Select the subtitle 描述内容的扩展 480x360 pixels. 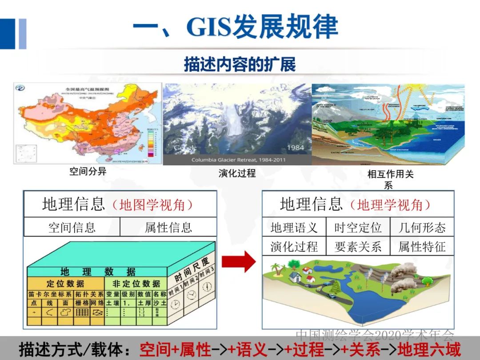tap(240, 65)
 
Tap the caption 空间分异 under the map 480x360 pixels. tap(88, 171)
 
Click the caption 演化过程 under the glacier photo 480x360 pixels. tap(237, 173)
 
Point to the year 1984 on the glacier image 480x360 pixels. tap(295, 148)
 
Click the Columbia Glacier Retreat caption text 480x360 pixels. tap(238, 160)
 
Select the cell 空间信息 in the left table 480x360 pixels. tap(72, 228)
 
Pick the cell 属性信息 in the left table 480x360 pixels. tap(168, 228)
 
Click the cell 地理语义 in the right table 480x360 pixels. tap(294, 228)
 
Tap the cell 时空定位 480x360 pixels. tap(358, 228)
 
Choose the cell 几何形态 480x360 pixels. tap(422, 228)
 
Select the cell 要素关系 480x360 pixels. tap(358, 247)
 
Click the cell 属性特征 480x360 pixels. tap(422, 247)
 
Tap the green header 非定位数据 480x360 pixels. tap(136, 284)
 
